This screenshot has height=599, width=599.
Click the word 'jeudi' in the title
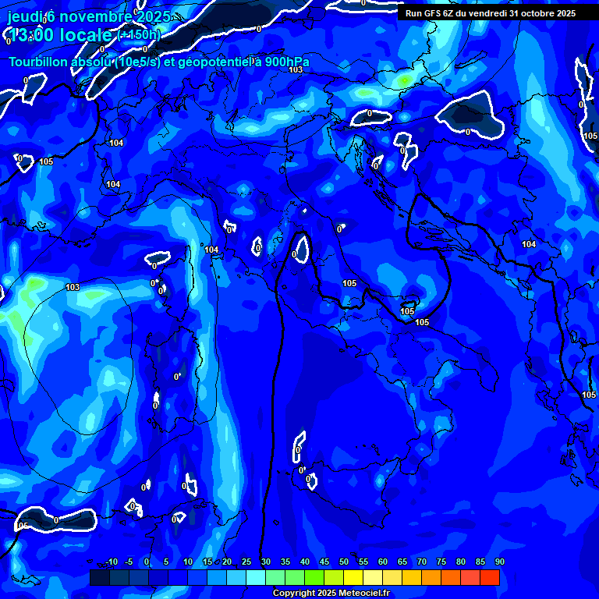click(x=23, y=16)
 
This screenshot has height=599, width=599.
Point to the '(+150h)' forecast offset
click(x=139, y=35)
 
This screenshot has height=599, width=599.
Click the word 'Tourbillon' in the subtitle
click(x=38, y=62)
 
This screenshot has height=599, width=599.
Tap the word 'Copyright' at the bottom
click(x=294, y=594)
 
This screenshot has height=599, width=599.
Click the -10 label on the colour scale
click(x=111, y=562)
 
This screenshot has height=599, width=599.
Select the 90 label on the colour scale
click(x=499, y=562)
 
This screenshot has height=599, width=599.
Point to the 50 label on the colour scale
click(x=343, y=562)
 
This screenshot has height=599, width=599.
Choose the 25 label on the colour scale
click(x=246, y=562)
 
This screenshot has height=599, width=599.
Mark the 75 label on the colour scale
click(x=441, y=562)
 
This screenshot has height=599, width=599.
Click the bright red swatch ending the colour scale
click(x=489, y=578)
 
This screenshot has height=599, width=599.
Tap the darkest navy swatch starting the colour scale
click(x=100, y=578)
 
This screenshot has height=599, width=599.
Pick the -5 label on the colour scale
click(x=129, y=562)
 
